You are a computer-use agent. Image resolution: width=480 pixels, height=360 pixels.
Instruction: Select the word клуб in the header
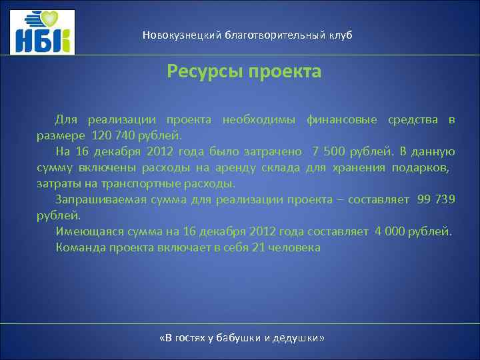pyautogui.click(x=341, y=35)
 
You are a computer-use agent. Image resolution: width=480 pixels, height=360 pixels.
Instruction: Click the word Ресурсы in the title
pyautogui.click(x=204, y=71)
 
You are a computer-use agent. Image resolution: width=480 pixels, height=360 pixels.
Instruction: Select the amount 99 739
pyautogui.click(x=436, y=199)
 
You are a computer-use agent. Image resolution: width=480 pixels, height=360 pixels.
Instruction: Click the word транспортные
pyautogui.click(x=137, y=183)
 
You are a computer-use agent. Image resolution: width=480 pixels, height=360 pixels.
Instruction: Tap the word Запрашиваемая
pyautogui.click(x=97, y=199)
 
